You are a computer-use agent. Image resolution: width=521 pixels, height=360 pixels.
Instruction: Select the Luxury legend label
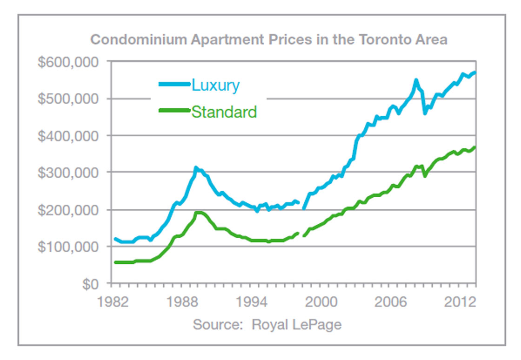point(215,85)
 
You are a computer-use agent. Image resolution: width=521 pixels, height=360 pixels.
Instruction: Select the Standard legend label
point(224,112)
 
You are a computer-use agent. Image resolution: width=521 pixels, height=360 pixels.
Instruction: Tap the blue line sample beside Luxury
point(174,84)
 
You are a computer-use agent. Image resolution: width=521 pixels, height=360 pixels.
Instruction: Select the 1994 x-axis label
point(252,301)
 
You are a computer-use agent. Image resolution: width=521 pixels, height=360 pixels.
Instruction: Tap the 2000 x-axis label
point(321,301)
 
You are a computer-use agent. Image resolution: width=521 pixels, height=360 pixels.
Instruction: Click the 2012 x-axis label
point(460,301)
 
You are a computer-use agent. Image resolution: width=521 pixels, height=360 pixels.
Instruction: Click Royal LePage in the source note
point(296,324)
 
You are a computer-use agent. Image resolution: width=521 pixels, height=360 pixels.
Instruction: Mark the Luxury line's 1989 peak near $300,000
point(196,167)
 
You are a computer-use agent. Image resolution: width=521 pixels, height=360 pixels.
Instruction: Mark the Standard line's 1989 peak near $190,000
point(198,213)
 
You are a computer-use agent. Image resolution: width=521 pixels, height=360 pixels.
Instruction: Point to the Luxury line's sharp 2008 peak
point(416,80)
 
